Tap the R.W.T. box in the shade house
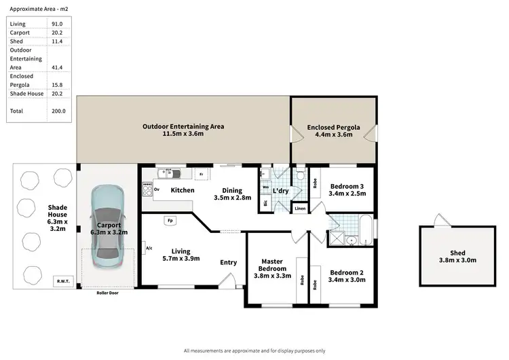[62, 280]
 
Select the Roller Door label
[109, 293]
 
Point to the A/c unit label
[149, 249]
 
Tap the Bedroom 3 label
[347, 190]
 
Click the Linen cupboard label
[300, 209]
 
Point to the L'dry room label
[282, 192]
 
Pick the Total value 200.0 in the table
[58, 111]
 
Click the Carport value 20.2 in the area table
[58, 31]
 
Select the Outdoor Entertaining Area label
[183, 130]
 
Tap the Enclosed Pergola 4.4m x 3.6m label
[332, 130]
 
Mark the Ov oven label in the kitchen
[157, 190]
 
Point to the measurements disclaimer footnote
[254, 350]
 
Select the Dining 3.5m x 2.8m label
[232, 194]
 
